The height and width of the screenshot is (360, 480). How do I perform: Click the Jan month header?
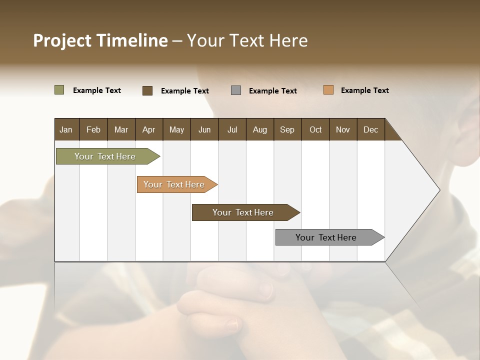click(66, 129)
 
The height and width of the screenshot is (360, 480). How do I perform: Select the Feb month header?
click(93, 129)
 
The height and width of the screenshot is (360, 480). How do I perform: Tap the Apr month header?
click(148, 129)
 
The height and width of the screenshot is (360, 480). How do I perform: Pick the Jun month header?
click(204, 129)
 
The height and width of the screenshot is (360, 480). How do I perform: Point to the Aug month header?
click(259, 129)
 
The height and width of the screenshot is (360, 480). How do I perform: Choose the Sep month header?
click(287, 129)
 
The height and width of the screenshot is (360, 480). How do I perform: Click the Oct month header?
click(315, 129)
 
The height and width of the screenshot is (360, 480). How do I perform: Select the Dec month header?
click(370, 129)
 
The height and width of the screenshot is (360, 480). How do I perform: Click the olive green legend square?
click(59, 90)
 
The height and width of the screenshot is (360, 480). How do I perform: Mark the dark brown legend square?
click(147, 90)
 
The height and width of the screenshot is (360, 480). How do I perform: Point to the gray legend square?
click(236, 90)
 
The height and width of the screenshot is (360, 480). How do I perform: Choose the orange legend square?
click(328, 90)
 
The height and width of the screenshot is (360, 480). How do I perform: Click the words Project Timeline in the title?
click(100, 40)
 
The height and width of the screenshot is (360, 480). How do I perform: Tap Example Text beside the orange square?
click(364, 90)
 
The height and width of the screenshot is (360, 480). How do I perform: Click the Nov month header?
click(342, 129)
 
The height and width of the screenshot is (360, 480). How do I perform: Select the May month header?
click(176, 129)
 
